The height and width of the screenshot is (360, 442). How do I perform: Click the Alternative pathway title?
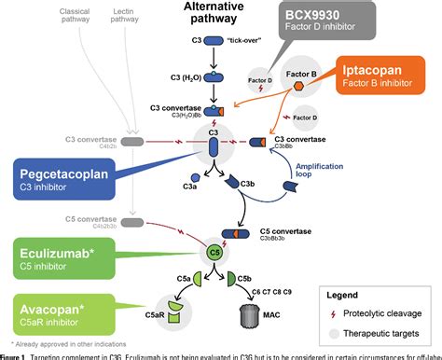pos(221,13)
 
